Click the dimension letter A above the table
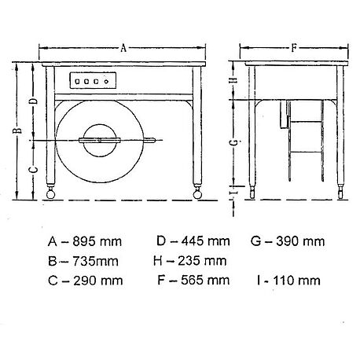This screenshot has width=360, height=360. (124, 48)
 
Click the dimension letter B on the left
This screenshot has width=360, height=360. (17, 131)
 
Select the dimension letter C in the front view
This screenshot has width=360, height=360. (31, 170)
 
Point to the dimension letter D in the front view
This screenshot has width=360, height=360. (31, 101)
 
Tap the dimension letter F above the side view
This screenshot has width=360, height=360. (293, 48)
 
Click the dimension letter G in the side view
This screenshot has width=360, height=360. (232, 142)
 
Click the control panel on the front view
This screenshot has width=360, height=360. (92, 81)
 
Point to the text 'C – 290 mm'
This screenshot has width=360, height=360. (79, 279)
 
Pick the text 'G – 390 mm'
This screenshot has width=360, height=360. (288, 240)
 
